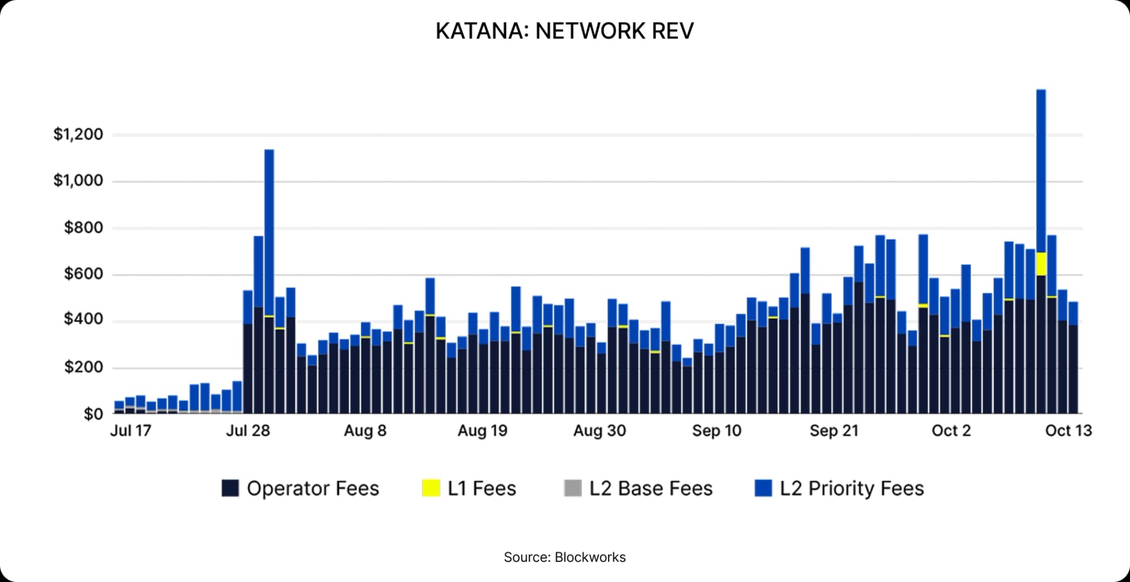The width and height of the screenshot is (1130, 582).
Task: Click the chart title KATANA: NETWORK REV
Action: tap(564, 31)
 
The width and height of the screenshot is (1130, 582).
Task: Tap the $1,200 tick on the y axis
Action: tap(78, 134)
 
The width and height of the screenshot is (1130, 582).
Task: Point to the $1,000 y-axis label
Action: tap(78, 181)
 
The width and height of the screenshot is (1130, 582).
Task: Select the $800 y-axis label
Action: tap(84, 227)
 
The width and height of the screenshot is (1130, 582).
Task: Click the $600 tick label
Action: tap(84, 274)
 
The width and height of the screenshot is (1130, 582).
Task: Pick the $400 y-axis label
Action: tap(84, 320)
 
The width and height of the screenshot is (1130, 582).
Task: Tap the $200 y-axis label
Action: tap(84, 368)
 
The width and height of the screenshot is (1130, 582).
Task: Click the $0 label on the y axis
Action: tap(93, 414)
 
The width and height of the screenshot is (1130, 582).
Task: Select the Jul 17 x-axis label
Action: tap(131, 431)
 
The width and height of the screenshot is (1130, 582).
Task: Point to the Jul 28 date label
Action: tap(248, 431)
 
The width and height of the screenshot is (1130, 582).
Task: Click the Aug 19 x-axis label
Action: tap(482, 431)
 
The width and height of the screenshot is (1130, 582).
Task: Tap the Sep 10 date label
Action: tap(716, 431)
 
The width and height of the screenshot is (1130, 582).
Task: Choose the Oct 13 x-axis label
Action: tap(1068, 431)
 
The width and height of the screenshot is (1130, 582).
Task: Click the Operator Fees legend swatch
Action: tap(230, 488)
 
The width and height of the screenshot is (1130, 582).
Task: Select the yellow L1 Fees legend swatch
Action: tap(431, 488)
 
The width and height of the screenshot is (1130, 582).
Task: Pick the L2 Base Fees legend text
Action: tap(650, 488)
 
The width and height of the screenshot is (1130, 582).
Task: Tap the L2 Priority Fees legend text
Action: tap(852, 488)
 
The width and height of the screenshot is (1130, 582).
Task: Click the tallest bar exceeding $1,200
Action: tap(1041, 171)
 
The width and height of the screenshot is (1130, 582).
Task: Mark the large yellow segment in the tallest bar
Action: tap(1041, 264)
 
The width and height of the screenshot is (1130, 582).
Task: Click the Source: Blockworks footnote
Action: tap(564, 557)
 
